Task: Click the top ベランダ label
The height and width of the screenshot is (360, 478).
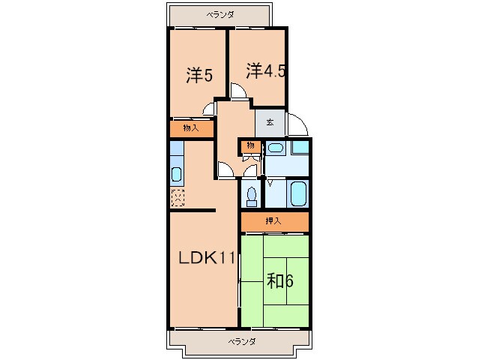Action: coord(220,14)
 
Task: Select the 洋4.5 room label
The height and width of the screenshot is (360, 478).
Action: coord(266,71)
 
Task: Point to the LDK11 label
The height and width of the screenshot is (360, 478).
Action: coord(207,259)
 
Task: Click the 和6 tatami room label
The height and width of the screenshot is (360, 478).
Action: coord(279,281)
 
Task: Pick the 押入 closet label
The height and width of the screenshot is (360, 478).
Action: coord(274,221)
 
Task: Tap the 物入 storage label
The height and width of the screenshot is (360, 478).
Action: coord(191,128)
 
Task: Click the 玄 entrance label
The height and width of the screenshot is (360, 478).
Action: coord(270,121)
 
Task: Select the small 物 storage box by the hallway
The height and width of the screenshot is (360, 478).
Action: coord(251,145)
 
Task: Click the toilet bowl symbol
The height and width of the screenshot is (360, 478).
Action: coord(251,196)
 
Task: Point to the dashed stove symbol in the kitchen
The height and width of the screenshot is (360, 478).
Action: coord(178,199)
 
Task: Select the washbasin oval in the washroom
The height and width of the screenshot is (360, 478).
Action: coord(276,148)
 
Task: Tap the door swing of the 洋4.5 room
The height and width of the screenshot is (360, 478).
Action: coord(238,92)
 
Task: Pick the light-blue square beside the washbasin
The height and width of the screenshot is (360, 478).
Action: coord(300,147)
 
